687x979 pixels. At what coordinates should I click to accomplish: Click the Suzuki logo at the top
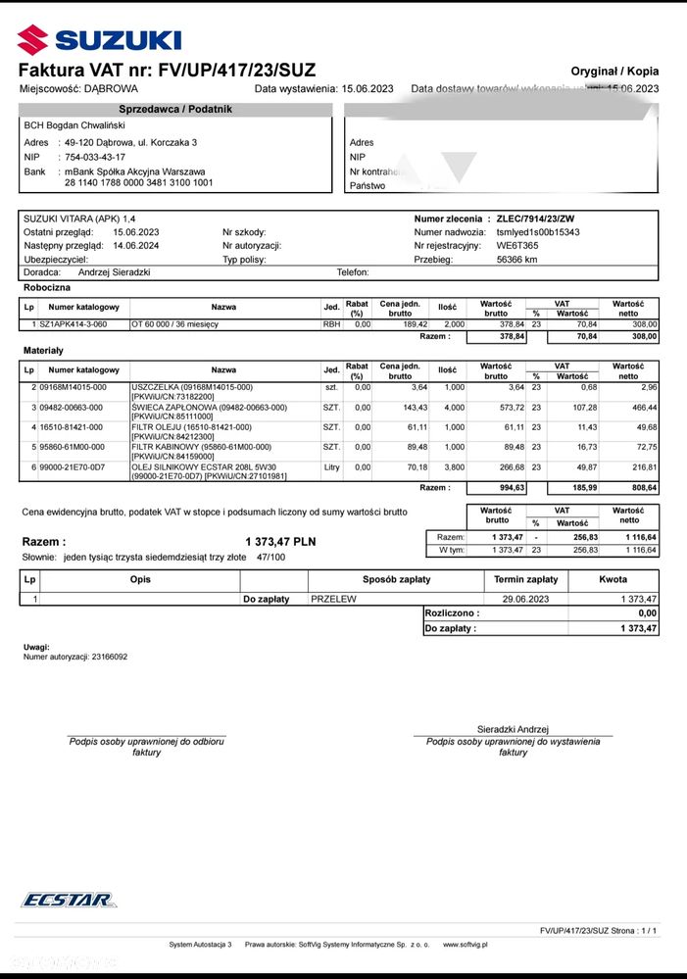99,40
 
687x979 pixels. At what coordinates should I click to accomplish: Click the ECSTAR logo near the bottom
69,901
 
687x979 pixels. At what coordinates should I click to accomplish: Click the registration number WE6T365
517,246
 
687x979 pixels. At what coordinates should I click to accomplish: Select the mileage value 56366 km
517,260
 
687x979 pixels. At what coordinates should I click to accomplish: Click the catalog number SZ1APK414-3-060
74,323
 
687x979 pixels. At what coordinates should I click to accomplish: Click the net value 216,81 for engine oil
644,467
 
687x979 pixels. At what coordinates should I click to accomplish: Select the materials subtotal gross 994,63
506,487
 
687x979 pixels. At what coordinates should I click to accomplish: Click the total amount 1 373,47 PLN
280,541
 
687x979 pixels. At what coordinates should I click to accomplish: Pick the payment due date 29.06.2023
527,599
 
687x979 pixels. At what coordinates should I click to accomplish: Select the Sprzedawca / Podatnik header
175,109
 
